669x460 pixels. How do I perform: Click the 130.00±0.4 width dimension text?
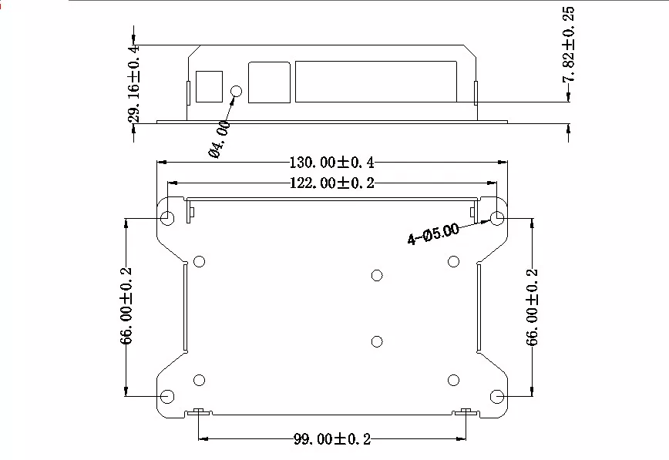point(332,163)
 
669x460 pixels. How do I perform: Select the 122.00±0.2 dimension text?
point(332,183)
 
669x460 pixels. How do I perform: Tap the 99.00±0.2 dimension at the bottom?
point(332,439)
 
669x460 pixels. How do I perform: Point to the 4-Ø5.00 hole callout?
point(433,233)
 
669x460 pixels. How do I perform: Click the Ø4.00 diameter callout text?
point(220,139)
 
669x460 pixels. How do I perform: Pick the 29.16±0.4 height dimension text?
point(133,83)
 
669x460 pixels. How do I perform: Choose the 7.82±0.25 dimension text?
point(568,45)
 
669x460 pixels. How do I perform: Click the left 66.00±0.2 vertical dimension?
point(126,306)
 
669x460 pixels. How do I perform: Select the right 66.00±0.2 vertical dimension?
point(532,307)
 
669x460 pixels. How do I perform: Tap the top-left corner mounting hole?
point(168,218)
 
